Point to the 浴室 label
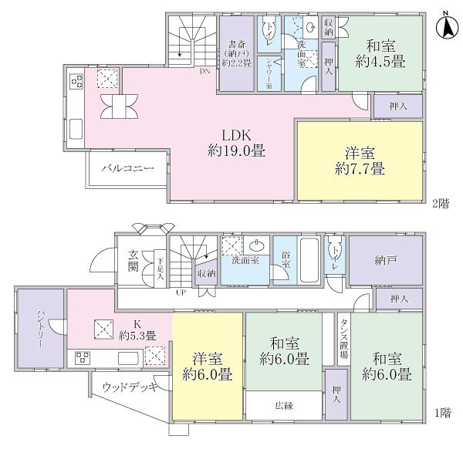(x=286, y=264)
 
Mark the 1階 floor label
(x=441, y=414)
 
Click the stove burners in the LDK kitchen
(x=77, y=81)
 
